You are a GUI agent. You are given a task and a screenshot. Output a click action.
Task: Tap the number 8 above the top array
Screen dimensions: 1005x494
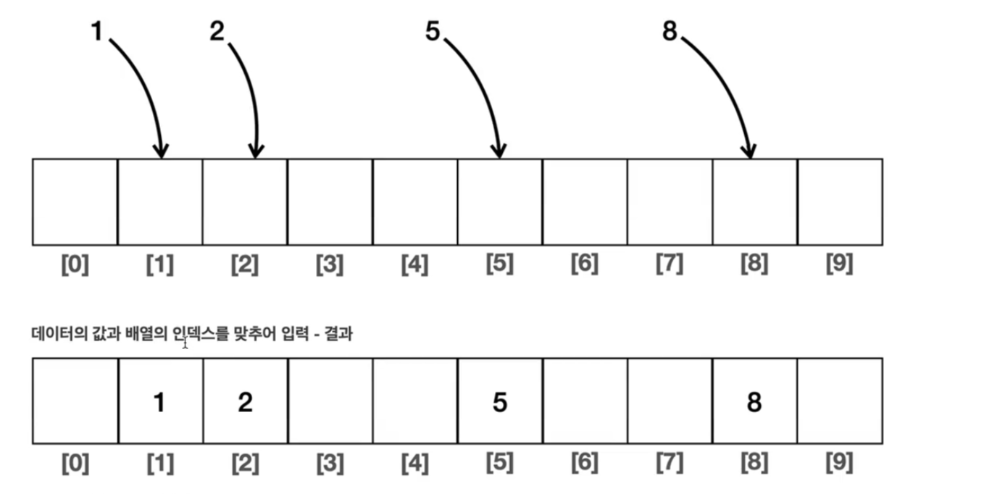tap(670, 32)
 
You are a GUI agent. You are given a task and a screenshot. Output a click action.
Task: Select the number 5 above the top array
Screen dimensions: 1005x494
tap(433, 32)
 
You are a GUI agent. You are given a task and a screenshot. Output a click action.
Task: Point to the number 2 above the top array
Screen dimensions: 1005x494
tap(217, 32)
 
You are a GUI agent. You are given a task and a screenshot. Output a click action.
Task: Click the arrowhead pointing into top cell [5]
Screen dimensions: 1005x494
tap(499, 151)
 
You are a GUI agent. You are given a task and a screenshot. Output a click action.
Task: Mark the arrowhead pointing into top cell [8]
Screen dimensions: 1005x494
tap(750, 151)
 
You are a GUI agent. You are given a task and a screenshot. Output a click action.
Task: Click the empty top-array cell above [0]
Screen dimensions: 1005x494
tap(75, 201)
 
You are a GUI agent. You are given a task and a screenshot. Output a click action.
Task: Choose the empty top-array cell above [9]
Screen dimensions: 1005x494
tap(840, 201)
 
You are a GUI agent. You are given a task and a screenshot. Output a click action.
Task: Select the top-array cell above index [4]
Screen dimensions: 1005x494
tap(414, 201)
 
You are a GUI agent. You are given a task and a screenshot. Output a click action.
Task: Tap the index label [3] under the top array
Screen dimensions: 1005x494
tap(330, 265)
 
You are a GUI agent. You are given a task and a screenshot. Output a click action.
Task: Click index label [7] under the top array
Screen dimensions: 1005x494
tap(670, 265)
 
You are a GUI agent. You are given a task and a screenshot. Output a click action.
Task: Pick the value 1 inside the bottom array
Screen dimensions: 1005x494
tap(159, 403)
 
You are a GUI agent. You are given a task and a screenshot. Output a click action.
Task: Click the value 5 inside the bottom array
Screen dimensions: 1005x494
tap(499, 403)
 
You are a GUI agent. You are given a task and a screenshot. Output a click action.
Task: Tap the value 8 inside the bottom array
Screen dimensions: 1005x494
tap(754, 403)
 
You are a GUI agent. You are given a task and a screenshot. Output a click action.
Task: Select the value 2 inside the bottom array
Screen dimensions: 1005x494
tap(245, 403)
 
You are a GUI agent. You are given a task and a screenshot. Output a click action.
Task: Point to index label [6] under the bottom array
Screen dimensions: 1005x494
tap(584, 463)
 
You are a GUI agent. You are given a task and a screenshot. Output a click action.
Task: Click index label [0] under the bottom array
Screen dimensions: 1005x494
tap(75, 463)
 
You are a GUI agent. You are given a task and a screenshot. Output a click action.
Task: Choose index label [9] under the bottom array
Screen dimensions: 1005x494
tap(840, 463)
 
